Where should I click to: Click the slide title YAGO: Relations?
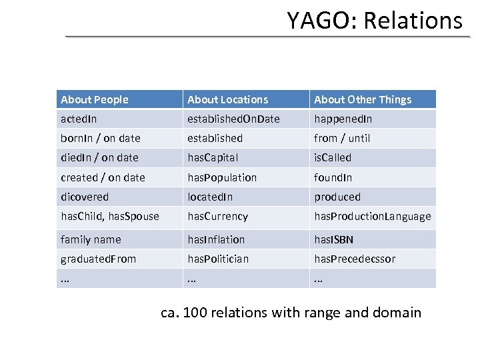[374, 21]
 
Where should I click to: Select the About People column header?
[95, 99]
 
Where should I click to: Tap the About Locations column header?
[228, 99]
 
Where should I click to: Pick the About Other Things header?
[363, 99]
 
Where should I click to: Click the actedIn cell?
[79, 119]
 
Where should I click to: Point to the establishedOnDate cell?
[233, 119]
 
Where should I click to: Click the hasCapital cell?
[213, 157]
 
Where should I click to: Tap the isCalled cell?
[333, 157]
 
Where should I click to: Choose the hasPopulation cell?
[222, 177]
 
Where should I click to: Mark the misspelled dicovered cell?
[85, 197]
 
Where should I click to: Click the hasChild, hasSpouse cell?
[110, 216]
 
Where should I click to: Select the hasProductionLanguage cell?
[373, 216]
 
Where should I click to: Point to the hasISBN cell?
[333, 239]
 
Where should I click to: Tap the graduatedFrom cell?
[98, 259]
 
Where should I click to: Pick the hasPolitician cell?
[218, 259]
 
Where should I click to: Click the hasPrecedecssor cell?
[355, 259]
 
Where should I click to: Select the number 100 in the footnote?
[200, 312]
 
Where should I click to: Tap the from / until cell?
[342, 138]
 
